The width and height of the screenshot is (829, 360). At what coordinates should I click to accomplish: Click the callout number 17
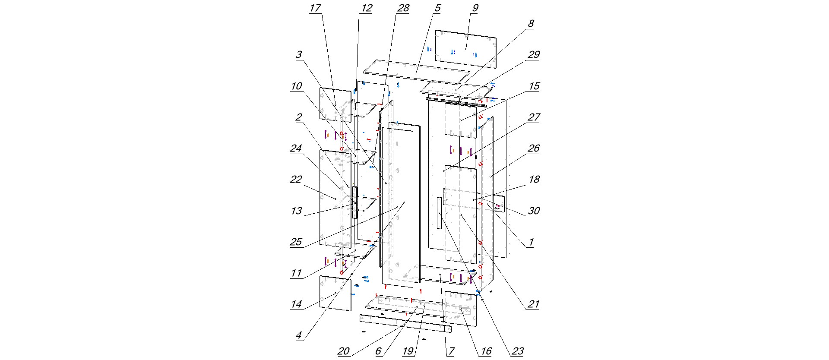tap(315, 9)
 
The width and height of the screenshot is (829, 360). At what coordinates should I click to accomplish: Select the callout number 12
tap(367, 9)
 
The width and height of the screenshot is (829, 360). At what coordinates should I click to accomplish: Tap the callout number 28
tap(403, 9)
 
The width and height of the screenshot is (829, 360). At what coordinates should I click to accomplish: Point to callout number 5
tap(437, 9)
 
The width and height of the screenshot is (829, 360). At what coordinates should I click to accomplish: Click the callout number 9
tap(475, 9)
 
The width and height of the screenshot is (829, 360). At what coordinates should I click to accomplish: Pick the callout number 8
tap(531, 24)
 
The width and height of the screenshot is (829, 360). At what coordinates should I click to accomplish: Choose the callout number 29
tap(534, 55)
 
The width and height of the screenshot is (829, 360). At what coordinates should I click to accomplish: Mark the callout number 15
tap(534, 86)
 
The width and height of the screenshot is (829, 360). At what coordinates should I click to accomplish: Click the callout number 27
tap(534, 117)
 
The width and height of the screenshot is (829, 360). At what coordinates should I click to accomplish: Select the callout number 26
tap(534, 148)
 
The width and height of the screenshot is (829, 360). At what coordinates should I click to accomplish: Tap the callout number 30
tap(534, 211)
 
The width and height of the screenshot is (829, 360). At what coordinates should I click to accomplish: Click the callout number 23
tap(517, 351)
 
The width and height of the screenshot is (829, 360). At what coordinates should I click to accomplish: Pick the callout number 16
tap(486, 351)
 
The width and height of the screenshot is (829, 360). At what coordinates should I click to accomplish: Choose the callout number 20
tap(343, 351)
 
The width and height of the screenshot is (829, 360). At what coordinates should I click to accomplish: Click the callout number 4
tap(298, 336)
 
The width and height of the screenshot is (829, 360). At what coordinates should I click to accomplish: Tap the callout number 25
tap(296, 242)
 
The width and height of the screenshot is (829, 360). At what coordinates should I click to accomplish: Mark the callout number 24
tap(296, 148)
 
